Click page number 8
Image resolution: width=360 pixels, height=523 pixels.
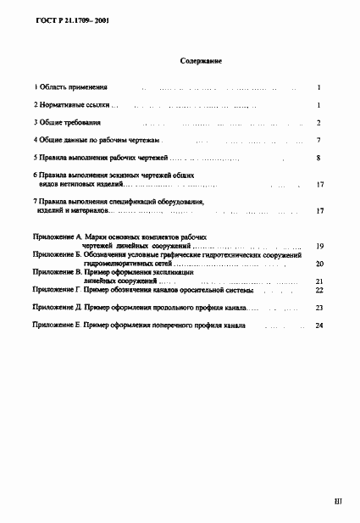click(318, 158)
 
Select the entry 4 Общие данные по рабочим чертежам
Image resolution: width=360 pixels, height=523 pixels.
click(97, 140)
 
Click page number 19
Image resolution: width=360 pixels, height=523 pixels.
click(319, 247)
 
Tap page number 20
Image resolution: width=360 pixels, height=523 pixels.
click(319, 264)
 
